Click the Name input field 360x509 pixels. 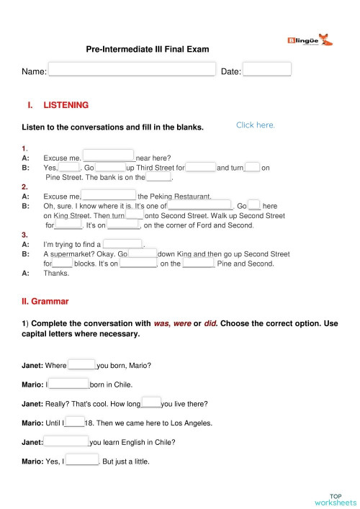131,70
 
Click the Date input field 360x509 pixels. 266,70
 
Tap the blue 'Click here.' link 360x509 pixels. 256,125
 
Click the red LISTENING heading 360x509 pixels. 66,105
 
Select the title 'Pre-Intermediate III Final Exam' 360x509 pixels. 148,50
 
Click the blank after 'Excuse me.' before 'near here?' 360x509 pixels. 109,155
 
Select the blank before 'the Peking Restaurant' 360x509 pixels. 109,194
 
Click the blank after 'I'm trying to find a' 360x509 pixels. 123,243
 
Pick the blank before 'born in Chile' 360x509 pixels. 68,384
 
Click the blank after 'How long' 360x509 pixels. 151,402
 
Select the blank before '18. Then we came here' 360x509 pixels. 75,423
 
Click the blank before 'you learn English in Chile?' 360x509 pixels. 66,441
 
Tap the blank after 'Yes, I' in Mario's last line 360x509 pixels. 82,461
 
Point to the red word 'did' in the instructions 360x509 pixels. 210,324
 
